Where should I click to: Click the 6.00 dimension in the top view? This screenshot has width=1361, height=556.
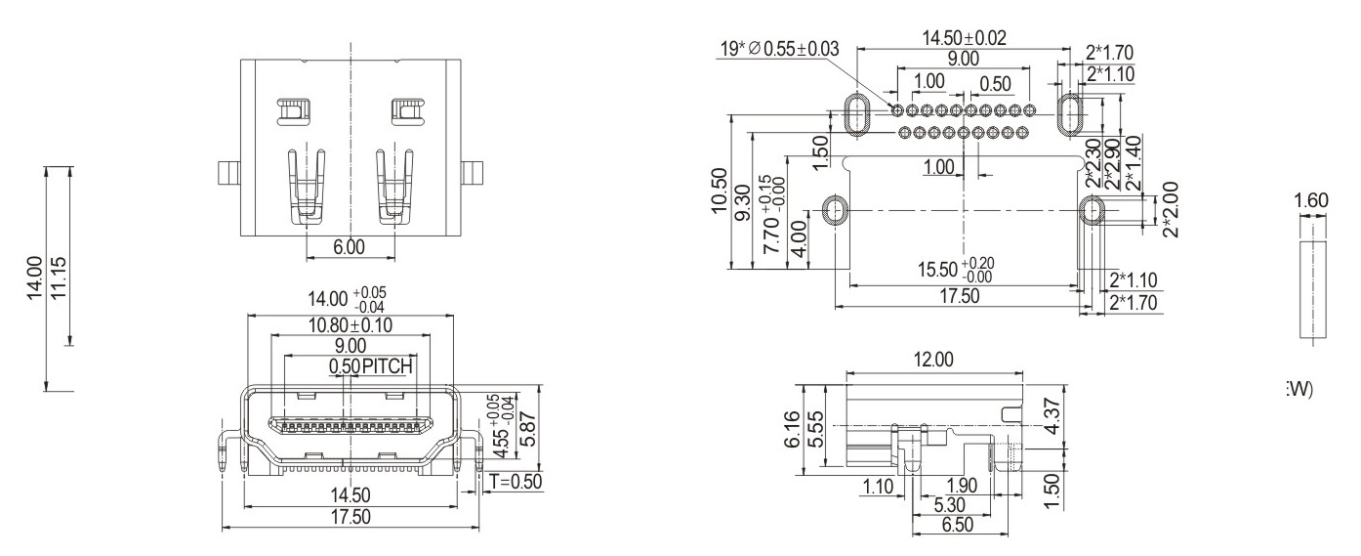350,247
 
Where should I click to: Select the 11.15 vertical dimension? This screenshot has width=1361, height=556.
60,280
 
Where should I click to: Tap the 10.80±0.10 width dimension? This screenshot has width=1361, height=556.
350,325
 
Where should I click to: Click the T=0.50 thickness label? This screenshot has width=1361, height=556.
514,482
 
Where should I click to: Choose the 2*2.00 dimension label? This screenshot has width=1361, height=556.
1172,208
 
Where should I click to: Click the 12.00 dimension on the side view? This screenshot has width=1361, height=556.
932,360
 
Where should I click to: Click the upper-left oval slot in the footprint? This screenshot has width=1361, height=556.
856,115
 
